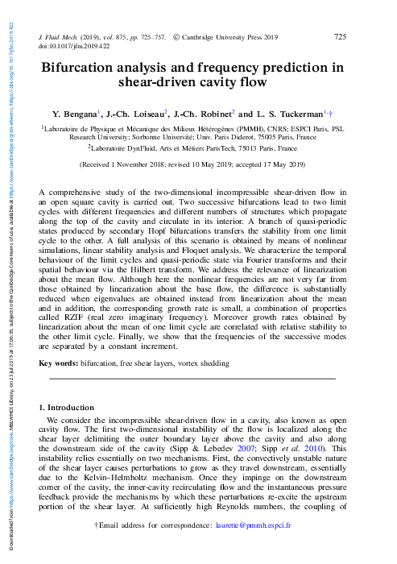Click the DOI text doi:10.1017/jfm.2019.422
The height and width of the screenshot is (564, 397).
(x=75, y=47)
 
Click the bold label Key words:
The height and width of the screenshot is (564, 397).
(x=59, y=364)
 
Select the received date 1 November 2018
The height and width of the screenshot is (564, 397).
(x=143, y=164)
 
